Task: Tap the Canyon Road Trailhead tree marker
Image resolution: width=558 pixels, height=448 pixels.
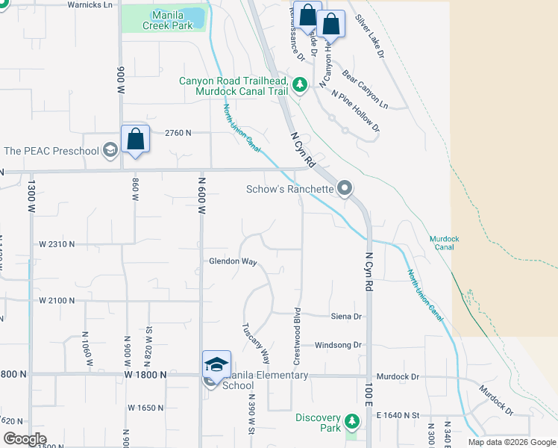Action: tap(300, 86)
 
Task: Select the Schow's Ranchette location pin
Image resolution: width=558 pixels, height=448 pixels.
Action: tap(345, 188)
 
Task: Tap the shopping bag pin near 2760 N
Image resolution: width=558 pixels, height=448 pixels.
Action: tap(135, 140)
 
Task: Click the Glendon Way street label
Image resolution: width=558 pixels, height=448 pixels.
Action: tap(233, 262)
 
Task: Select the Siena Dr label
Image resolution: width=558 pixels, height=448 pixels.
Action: tap(346, 317)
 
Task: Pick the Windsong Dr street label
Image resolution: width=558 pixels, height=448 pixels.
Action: tap(338, 345)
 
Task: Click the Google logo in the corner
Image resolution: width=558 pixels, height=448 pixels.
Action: tap(25, 439)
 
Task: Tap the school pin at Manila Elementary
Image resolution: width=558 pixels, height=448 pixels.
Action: tap(216, 364)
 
